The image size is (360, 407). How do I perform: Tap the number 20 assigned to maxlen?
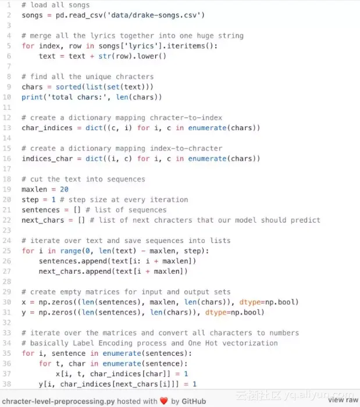pos(64,190)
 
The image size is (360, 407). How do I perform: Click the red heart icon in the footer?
pos(164,401)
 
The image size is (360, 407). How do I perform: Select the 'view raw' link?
pos(343,400)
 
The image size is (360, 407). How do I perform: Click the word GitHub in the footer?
pos(194,401)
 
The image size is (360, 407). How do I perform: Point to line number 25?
pos(7,251)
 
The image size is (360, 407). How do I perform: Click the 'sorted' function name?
pos(69,87)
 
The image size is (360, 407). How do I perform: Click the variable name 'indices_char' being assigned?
pos(47,159)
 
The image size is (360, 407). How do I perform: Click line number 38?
pos(7,384)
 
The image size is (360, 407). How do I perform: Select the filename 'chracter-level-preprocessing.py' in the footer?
pos(58,401)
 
